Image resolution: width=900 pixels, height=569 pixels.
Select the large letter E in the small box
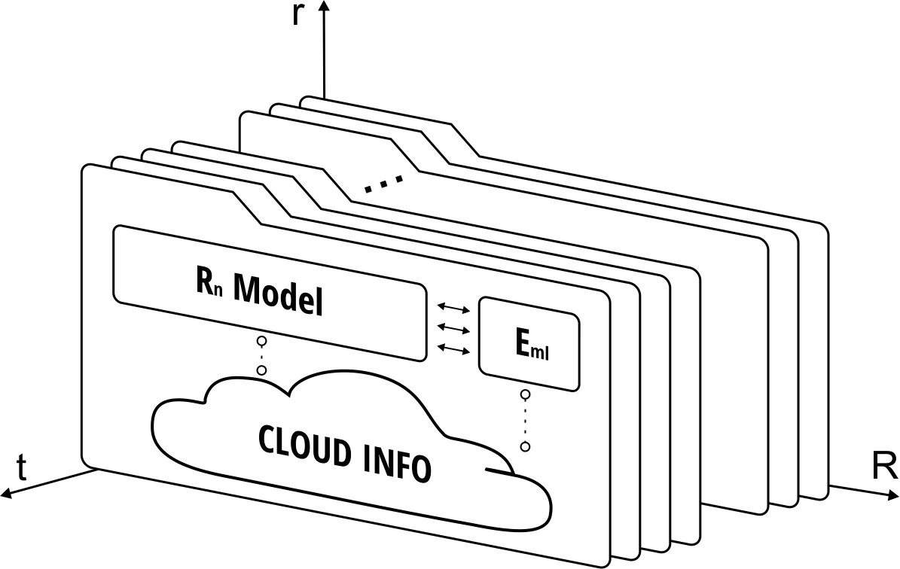tap(522, 344)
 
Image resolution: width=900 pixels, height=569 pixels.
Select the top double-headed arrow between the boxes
tap(453, 308)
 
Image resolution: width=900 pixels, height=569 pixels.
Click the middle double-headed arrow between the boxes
tap(453, 328)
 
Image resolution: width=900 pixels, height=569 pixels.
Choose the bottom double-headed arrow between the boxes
tap(453, 348)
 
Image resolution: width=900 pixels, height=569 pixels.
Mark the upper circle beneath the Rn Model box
tap(261, 341)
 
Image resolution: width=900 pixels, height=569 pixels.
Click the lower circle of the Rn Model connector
tap(261, 370)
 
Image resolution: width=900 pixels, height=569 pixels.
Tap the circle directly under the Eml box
tap(525, 394)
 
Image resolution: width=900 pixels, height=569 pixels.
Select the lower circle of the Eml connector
tap(525, 447)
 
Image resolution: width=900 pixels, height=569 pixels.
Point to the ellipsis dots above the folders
tap(384, 183)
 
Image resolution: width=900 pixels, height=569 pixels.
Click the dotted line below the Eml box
tap(525, 421)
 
